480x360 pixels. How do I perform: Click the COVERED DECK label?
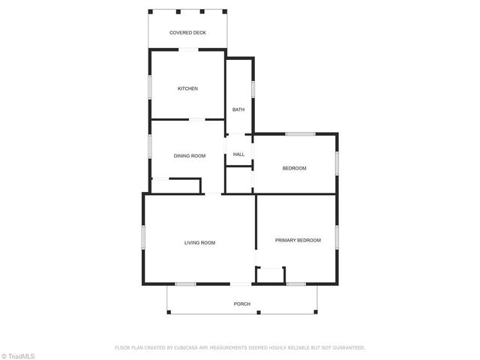click(187, 33)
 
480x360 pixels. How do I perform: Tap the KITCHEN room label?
click(187, 89)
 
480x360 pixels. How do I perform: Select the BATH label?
click(238, 109)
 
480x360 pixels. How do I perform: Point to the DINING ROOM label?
click(190, 156)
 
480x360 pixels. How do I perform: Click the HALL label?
click(238, 154)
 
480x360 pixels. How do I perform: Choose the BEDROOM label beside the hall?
click(294, 168)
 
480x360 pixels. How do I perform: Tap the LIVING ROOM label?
click(200, 242)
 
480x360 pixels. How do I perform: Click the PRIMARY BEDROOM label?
click(298, 240)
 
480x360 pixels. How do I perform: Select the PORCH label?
click(241, 304)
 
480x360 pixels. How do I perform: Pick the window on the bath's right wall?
click(253, 88)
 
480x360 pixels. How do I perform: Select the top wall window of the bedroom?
click(299, 134)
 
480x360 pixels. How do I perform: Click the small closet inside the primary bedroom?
click(270, 275)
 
